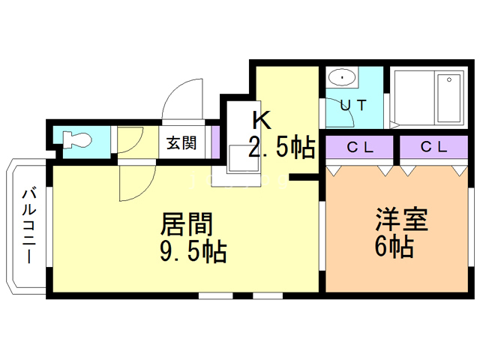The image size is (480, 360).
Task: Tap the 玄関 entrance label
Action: [182, 142]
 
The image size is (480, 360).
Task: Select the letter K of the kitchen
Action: [259, 120]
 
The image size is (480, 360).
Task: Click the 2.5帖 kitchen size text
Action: [282, 148]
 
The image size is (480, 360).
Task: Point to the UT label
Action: [352, 105]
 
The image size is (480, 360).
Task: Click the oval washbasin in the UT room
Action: [343, 77]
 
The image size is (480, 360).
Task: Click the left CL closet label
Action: [359, 147]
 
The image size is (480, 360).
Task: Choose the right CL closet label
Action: [433, 147]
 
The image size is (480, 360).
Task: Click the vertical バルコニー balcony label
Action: [28, 225]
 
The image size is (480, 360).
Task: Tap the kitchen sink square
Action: [241, 159]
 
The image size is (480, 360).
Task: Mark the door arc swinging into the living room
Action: [136, 184]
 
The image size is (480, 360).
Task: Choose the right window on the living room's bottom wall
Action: [267, 295]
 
